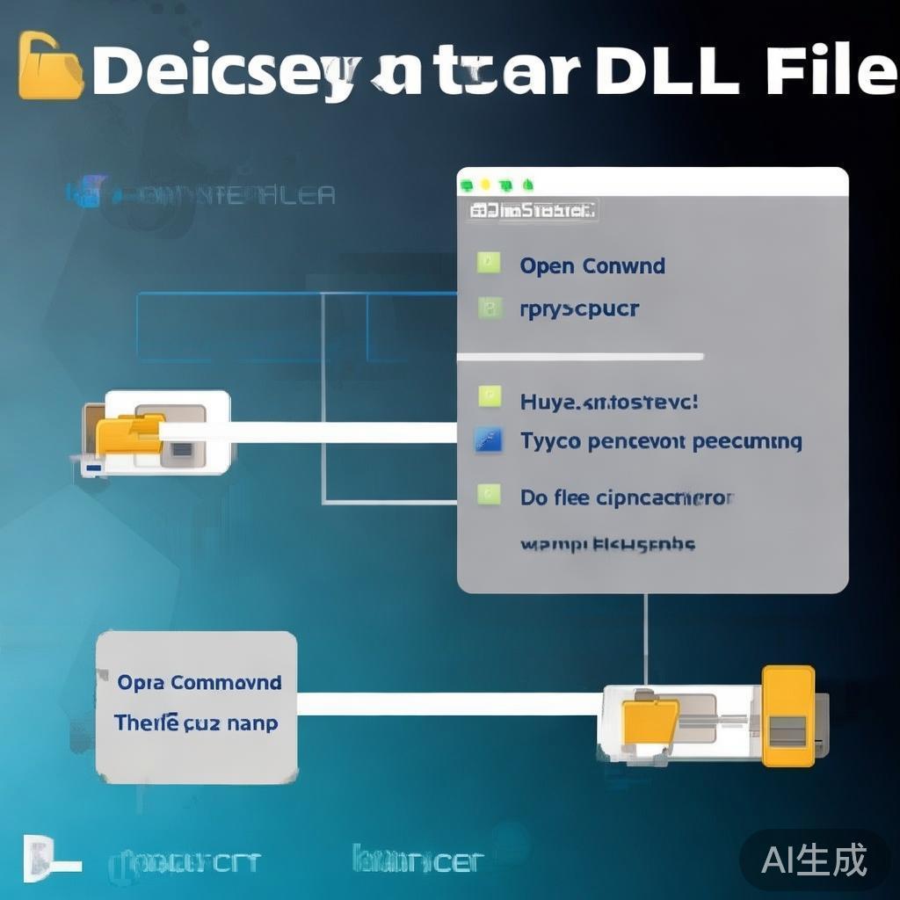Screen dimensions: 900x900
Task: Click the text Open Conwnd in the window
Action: click(592, 265)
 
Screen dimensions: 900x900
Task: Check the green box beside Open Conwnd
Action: click(488, 263)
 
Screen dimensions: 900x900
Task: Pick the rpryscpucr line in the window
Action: click(579, 308)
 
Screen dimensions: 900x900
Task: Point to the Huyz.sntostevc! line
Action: click(609, 402)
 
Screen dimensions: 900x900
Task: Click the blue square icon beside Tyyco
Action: click(488, 439)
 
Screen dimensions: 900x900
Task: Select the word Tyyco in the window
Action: click(550, 441)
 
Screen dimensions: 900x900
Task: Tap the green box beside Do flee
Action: click(488, 495)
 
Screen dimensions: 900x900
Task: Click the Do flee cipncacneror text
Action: click(626, 498)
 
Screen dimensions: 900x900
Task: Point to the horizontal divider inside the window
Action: click(580, 356)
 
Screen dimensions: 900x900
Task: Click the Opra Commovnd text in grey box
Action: click(200, 682)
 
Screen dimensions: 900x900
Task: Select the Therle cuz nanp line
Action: click(195, 723)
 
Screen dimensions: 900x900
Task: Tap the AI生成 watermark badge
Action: click(814, 860)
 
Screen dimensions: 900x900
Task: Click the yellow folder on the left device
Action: click(129, 432)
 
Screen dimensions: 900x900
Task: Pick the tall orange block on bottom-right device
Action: click(787, 715)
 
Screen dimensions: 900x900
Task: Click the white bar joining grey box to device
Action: click(448, 704)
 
